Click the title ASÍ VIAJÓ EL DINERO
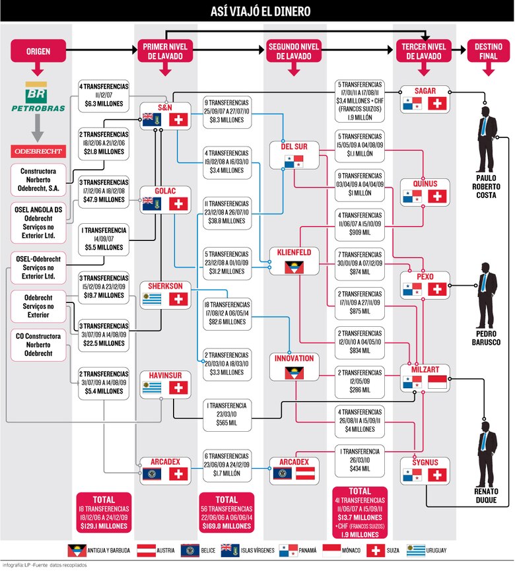coord(257,12)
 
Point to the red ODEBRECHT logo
coord(38,151)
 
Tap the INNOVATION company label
coord(294,359)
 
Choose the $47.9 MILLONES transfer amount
coord(104,199)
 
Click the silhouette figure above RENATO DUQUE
coord(487,449)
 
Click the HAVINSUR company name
coord(165,375)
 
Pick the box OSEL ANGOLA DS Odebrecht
coord(38,222)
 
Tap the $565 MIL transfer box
coord(226,415)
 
